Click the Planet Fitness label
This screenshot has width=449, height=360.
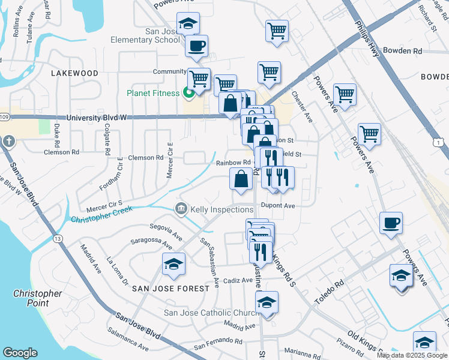(152, 93)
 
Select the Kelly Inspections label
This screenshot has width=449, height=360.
(221, 209)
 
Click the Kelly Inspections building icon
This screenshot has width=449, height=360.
(181, 209)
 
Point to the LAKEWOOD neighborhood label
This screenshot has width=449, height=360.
(74, 73)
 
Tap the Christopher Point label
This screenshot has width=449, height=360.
(38, 298)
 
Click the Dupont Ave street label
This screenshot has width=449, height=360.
(281, 205)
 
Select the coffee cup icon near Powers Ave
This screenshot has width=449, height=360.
(391, 223)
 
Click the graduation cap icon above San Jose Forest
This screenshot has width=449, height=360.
(173, 264)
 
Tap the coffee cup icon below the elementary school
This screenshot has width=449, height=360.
(196, 46)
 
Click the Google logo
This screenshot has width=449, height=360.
(20, 353)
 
